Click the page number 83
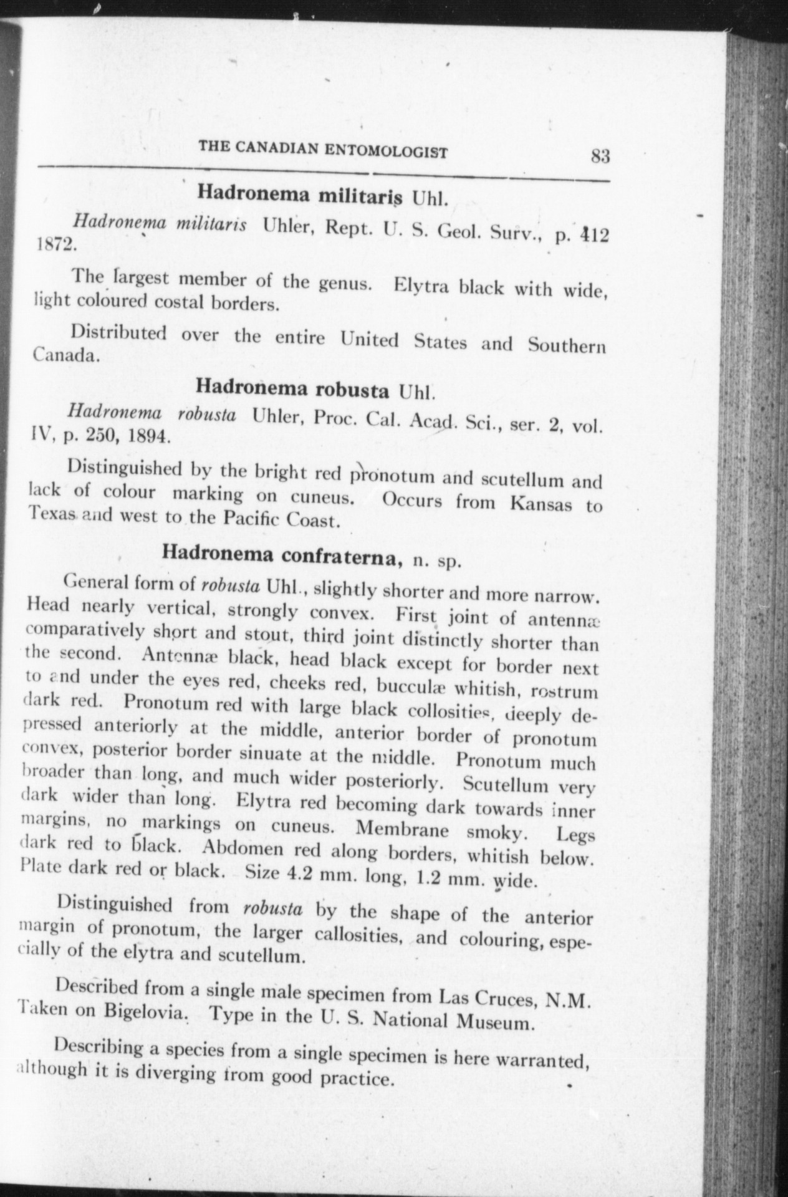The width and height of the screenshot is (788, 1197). [600, 156]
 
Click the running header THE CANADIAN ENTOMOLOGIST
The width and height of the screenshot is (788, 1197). [323, 150]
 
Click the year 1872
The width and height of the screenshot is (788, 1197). [54, 244]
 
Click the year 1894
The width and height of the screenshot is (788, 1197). [147, 436]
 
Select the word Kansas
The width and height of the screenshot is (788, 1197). [541, 503]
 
